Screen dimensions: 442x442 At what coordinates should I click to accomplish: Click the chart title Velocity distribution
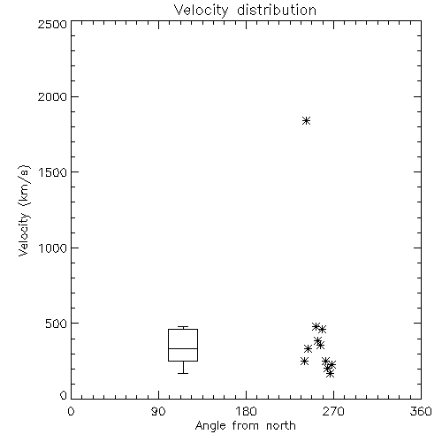pos(245,10)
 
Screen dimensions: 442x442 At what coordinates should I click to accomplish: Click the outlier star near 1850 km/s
pos(307,120)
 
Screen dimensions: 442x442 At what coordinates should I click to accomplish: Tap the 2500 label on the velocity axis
pos(52,24)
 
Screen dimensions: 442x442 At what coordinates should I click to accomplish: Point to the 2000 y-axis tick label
pos(52,96)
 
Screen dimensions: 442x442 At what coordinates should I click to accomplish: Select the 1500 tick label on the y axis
pos(53,172)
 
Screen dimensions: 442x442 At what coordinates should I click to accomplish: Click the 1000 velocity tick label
pos(53,248)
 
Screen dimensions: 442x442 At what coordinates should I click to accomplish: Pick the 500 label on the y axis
pos(57,324)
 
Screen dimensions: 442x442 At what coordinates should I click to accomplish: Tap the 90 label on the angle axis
pos(158,411)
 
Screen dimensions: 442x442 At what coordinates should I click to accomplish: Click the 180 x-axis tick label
pos(246,411)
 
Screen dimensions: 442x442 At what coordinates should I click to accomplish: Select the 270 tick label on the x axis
pos(333,411)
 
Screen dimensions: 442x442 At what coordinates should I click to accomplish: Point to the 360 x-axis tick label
pos(421,411)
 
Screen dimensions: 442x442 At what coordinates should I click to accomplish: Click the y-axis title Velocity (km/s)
pos(24,210)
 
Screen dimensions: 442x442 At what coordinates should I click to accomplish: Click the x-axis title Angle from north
pos(245,426)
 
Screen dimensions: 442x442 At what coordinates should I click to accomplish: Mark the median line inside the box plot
pos(183,348)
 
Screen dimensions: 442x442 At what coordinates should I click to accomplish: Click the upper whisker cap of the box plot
pos(183,326)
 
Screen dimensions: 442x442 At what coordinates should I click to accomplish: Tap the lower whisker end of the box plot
pos(183,373)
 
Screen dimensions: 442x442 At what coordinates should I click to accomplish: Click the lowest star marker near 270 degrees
pos(331,374)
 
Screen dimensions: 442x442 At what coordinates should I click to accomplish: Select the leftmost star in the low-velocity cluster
pos(304,361)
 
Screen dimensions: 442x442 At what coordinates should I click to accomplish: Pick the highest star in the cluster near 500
pos(316,326)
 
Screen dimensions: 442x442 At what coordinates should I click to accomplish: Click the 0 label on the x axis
pos(71,411)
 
